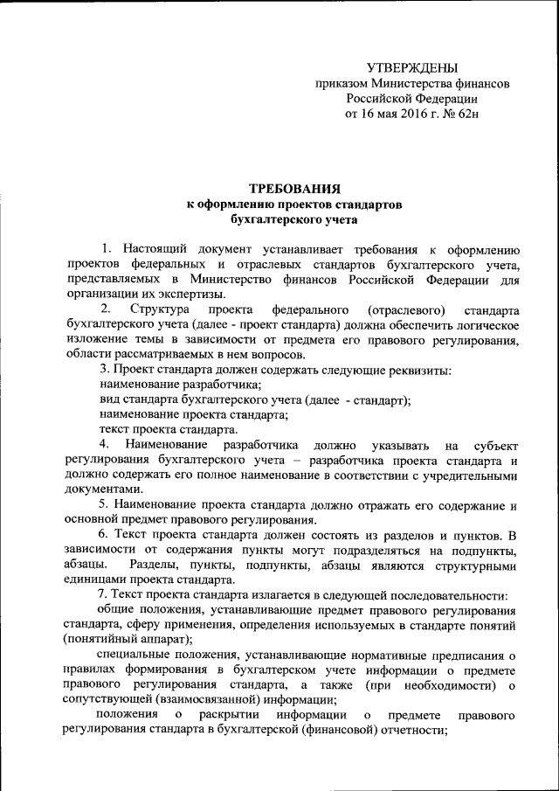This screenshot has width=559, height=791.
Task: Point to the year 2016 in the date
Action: [x=404, y=114]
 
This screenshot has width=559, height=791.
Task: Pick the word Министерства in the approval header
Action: [x=413, y=84]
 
